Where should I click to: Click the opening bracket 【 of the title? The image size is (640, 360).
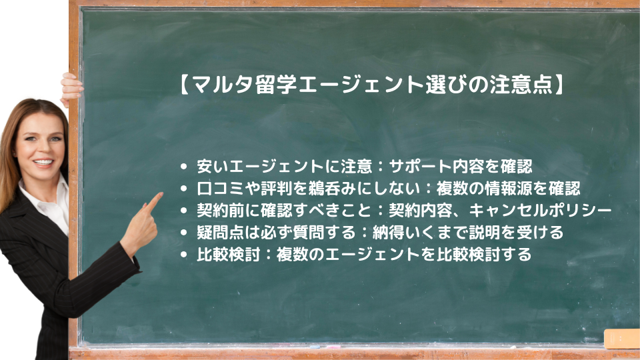coord(184,85)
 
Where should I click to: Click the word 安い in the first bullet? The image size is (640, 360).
coord(213,166)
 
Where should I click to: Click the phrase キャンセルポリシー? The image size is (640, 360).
coord(540,210)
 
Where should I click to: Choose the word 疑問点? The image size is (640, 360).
coord(221,232)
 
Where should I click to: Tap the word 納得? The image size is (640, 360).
coord(388,232)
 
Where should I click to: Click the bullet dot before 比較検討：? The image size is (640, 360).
coord(184,255)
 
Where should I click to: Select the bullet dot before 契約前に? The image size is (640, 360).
coord(184,211)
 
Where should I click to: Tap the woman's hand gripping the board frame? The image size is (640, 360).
coord(71,89)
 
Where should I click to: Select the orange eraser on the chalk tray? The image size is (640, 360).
coord(621,339)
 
